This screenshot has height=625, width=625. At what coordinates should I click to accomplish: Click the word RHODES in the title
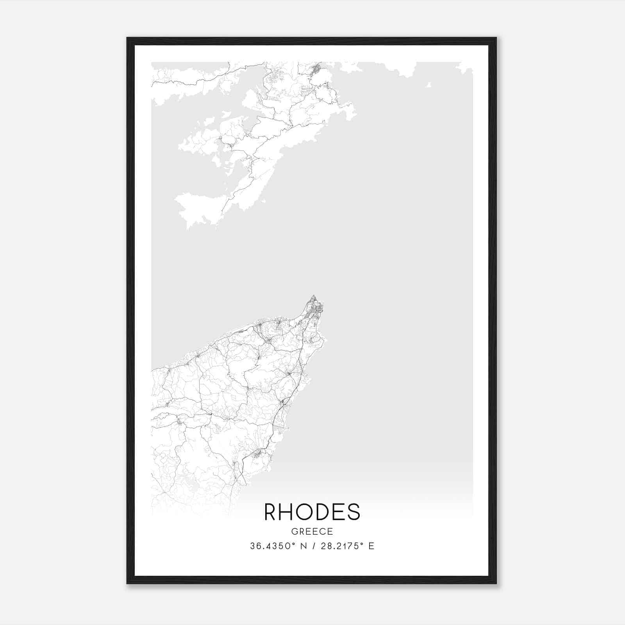(312, 512)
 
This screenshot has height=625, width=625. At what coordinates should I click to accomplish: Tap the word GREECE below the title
(312, 531)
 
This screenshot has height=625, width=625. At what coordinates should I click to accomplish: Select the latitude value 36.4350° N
(278, 546)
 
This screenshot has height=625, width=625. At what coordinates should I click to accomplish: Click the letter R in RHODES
(271, 512)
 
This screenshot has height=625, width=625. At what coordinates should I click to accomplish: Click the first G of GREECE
(294, 531)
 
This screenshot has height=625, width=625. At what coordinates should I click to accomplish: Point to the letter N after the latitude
(304, 546)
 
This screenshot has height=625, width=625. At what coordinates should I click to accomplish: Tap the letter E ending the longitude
(371, 546)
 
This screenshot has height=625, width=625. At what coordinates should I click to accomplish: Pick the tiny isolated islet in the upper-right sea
(429, 85)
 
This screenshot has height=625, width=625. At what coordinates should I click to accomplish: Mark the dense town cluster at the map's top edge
(316, 71)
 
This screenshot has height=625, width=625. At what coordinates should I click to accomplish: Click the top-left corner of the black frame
(127, 38)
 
